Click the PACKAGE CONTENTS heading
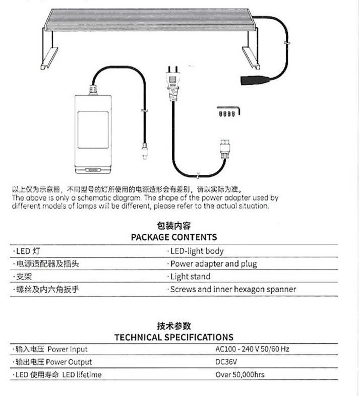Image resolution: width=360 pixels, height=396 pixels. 174,237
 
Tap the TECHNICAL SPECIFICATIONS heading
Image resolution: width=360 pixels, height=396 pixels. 174,337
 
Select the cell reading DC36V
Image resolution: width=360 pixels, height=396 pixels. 226,362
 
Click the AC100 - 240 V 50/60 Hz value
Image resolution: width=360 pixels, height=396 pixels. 252,349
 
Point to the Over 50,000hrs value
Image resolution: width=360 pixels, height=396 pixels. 240,375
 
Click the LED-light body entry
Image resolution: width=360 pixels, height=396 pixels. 196,251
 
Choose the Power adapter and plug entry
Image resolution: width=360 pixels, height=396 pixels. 213,263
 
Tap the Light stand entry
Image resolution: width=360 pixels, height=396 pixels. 190,277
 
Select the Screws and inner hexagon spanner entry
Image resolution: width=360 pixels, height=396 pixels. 232,289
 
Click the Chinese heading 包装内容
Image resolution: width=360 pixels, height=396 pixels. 174,226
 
